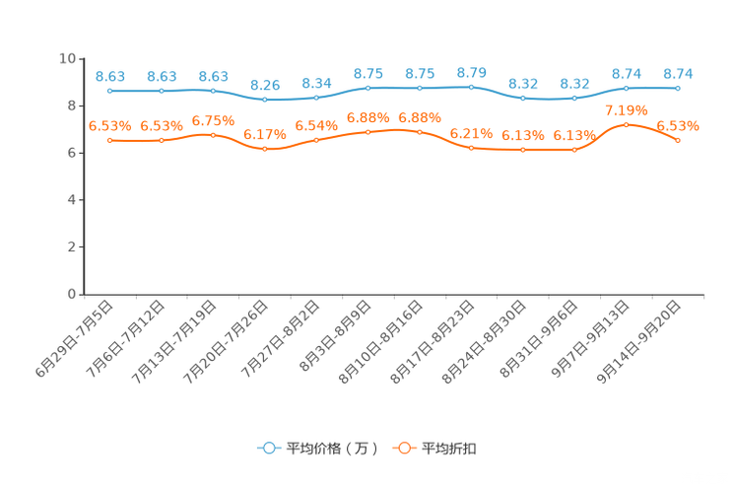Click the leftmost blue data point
pyautogui.click(x=110, y=91)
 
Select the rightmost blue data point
pyautogui.click(x=678, y=89)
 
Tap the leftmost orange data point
pyautogui.click(x=110, y=141)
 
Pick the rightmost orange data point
pyautogui.click(x=678, y=141)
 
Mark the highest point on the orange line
pyautogui.click(x=627, y=124)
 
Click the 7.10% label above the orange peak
pyautogui.click(x=627, y=108)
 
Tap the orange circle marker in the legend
pyautogui.click(x=404, y=448)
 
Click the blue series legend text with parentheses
pyautogui.click(x=332, y=449)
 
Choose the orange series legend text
pyautogui.click(x=450, y=449)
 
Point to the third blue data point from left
pyautogui.click(x=214, y=91)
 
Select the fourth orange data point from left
pyautogui.click(x=265, y=149)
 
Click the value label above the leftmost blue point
pyautogui.click(x=110, y=76)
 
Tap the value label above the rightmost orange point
pyautogui.click(x=678, y=126)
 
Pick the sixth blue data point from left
pyautogui.click(x=368, y=88)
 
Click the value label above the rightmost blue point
pyautogui.click(x=678, y=74)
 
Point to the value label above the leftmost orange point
pyautogui.click(x=110, y=126)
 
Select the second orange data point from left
pyautogui.click(x=162, y=141)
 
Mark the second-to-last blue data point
pyautogui.click(x=627, y=89)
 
